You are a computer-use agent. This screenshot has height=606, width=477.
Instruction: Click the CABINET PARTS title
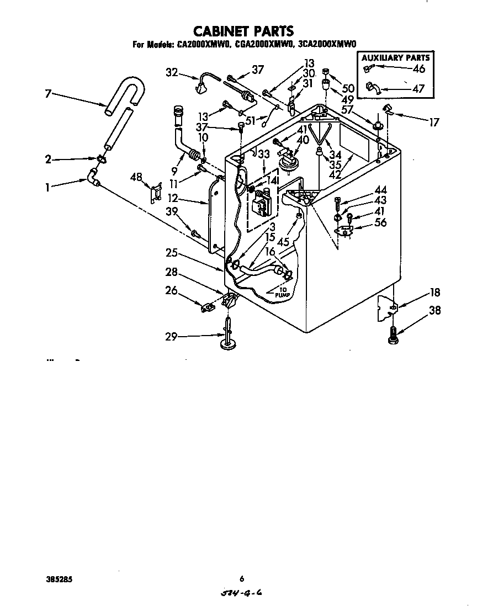click(242, 31)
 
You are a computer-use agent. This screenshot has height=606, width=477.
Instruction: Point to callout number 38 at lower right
click(434, 310)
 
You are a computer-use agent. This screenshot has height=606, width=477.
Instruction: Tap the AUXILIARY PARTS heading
click(395, 57)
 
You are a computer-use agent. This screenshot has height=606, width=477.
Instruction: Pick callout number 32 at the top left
click(172, 71)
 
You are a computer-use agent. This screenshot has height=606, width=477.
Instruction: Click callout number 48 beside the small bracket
click(136, 177)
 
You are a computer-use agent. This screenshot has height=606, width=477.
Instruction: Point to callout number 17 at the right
click(434, 123)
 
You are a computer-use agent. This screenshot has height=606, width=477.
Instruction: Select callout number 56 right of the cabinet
click(380, 223)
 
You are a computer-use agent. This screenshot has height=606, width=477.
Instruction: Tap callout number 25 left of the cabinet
click(172, 253)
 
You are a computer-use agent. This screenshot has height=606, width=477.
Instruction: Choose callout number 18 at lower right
click(434, 292)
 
